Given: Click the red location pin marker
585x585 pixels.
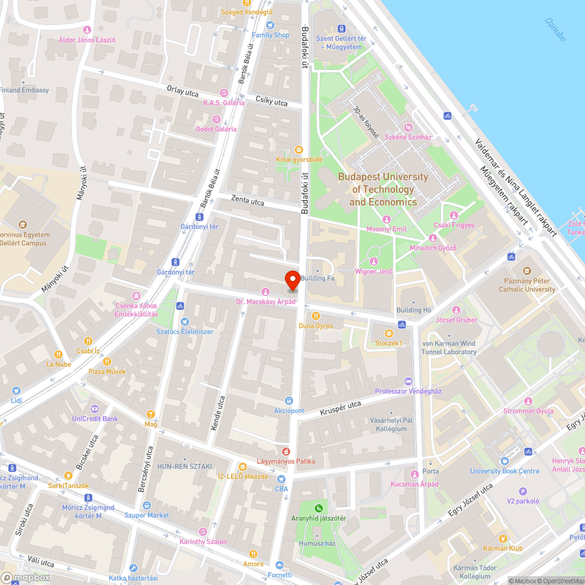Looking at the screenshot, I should coord(292,280).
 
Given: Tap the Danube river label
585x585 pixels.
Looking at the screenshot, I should coord(555,29).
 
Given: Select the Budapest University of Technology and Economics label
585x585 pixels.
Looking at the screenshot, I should coord(383,190).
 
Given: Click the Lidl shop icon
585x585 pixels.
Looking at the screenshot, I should coord(16,390).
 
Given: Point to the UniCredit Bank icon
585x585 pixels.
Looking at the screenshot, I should coord(95,409).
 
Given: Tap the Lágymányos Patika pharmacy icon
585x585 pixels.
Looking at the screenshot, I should coord(286,451).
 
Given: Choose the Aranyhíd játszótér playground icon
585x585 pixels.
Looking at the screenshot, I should coord(319,508).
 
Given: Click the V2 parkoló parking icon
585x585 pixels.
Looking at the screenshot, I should coord(523,492).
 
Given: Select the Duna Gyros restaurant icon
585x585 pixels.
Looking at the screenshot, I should coord(316,316).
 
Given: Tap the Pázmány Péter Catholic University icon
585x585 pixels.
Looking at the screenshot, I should coord(527,271).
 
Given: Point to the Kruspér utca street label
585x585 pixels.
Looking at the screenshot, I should coord(340,408).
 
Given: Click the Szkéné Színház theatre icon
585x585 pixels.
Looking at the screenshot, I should coord(409,128).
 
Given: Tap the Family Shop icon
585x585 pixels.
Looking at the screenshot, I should coord(270,25).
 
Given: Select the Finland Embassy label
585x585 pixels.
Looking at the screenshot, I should coord(25,90).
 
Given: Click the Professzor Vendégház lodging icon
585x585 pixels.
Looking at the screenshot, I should coord(408,381).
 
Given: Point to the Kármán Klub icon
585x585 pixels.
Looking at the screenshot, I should coord(503,539).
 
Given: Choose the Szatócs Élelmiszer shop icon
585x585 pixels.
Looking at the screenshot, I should coord(185,321).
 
